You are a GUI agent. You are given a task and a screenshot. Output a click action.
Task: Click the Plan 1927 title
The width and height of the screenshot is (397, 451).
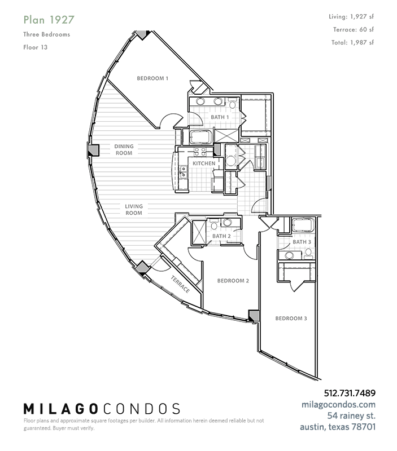coord(49,20)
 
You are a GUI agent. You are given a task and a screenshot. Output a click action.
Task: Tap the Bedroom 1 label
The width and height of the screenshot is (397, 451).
coord(152,78)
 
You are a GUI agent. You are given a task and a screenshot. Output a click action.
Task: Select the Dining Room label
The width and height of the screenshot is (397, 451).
coord(124,149)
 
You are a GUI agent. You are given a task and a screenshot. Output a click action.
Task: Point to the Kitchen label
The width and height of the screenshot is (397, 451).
coord(204,163)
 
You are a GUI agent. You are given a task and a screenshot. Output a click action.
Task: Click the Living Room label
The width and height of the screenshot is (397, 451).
coord(134,210)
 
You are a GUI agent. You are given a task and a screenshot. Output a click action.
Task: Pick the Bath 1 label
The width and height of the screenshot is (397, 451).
coord(220,117)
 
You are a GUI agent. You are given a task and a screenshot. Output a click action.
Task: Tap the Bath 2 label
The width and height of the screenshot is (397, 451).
coord(221,236)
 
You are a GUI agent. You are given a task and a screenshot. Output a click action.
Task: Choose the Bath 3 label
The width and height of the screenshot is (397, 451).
coord(302,242)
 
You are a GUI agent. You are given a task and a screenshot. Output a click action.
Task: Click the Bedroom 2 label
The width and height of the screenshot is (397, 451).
coord(233,281)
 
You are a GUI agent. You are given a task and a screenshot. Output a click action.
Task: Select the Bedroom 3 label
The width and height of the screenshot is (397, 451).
coord(291,319)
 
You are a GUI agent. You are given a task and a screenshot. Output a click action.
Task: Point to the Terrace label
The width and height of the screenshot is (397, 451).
coord(180,285)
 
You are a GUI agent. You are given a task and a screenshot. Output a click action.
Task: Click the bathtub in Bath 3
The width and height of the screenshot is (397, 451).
coord(303,225)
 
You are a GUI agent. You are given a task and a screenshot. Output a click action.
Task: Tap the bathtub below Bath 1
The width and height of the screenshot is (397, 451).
coord(201,137)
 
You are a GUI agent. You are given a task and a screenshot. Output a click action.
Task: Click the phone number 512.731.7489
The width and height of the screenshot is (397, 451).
coord(350,393)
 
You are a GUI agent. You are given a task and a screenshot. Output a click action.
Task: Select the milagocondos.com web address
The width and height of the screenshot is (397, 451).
coord(338,405)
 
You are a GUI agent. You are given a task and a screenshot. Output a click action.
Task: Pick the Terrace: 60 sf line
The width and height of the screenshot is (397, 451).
coord(354,29)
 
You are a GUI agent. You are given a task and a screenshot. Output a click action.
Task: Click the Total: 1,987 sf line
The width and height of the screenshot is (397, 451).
coord(352,43)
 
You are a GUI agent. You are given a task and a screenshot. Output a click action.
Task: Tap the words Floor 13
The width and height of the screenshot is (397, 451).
coord(36,47)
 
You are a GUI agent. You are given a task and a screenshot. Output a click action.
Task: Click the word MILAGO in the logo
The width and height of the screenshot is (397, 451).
coord(60,409)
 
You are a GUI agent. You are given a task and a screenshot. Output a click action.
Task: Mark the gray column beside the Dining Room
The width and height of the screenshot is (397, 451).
coord(93,150)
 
